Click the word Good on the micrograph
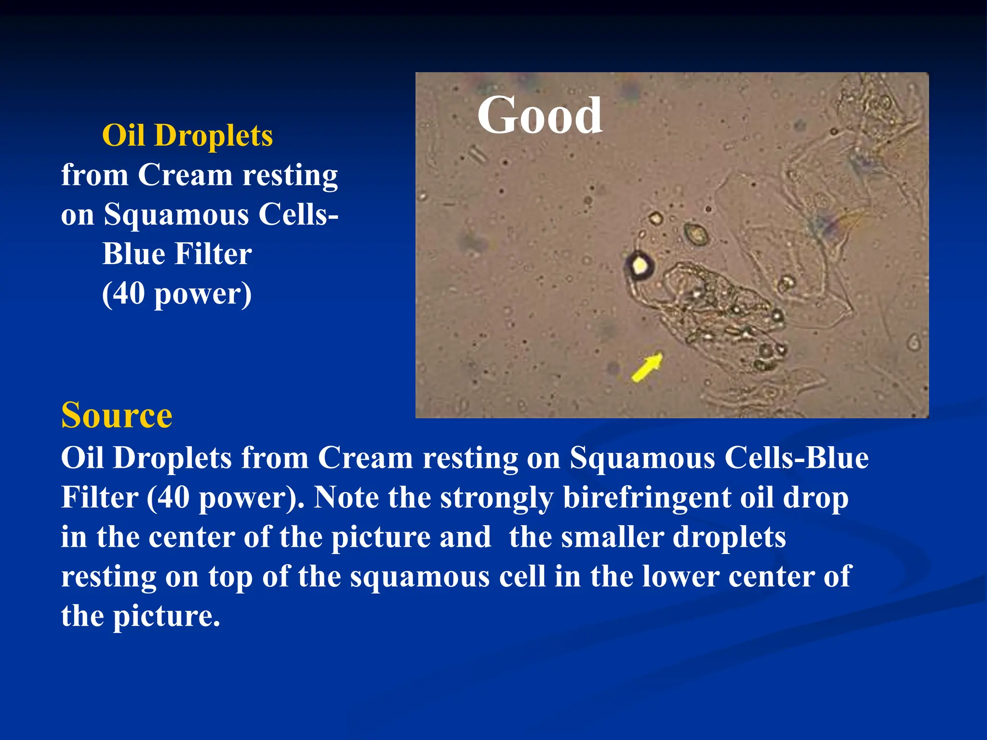[539, 116]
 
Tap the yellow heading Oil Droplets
[187, 135]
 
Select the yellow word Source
[117, 415]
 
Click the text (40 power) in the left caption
[177, 293]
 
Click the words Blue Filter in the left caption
[177, 254]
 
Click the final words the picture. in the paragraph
[140, 616]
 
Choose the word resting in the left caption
[290, 175]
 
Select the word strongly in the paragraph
[496, 498]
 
